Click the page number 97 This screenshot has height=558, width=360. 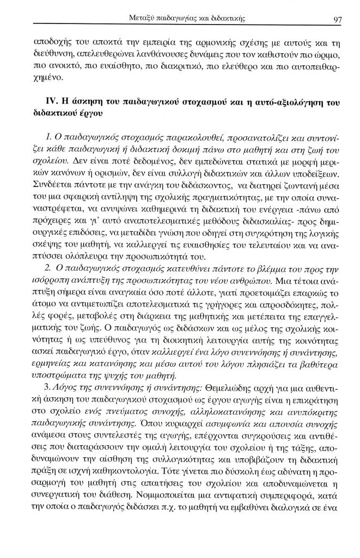point(337,20)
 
